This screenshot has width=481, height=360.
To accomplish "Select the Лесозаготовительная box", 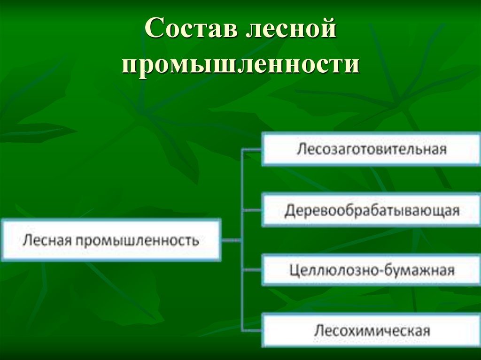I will point(371,149).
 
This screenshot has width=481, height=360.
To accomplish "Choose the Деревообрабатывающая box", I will point(371,210).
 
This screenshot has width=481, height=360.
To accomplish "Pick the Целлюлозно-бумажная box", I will point(371,270).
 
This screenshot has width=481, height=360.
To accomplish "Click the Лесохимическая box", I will point(371,330).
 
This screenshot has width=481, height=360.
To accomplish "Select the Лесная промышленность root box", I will point(111,240).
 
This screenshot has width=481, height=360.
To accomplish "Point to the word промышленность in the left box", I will point(137,241).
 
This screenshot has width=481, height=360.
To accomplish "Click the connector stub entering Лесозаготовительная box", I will point(252,150).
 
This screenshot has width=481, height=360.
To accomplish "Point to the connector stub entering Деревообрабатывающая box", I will point(252,210).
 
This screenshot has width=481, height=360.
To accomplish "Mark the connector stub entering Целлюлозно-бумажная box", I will point(252,270).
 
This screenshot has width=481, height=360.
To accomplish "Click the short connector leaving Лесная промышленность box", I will point(231,241).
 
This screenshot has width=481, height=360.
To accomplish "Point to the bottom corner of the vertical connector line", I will point(242,330).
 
